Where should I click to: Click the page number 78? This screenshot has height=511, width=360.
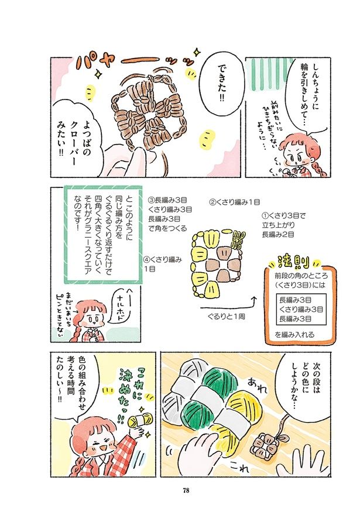click(186, 490)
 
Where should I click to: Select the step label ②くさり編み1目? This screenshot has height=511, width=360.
click(234, 203)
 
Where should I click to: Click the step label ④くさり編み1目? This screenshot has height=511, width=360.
click(162, 264)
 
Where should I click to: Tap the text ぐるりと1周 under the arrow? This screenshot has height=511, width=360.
click(226, 316)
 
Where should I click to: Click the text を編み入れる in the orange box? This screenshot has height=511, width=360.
click(294, 335)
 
